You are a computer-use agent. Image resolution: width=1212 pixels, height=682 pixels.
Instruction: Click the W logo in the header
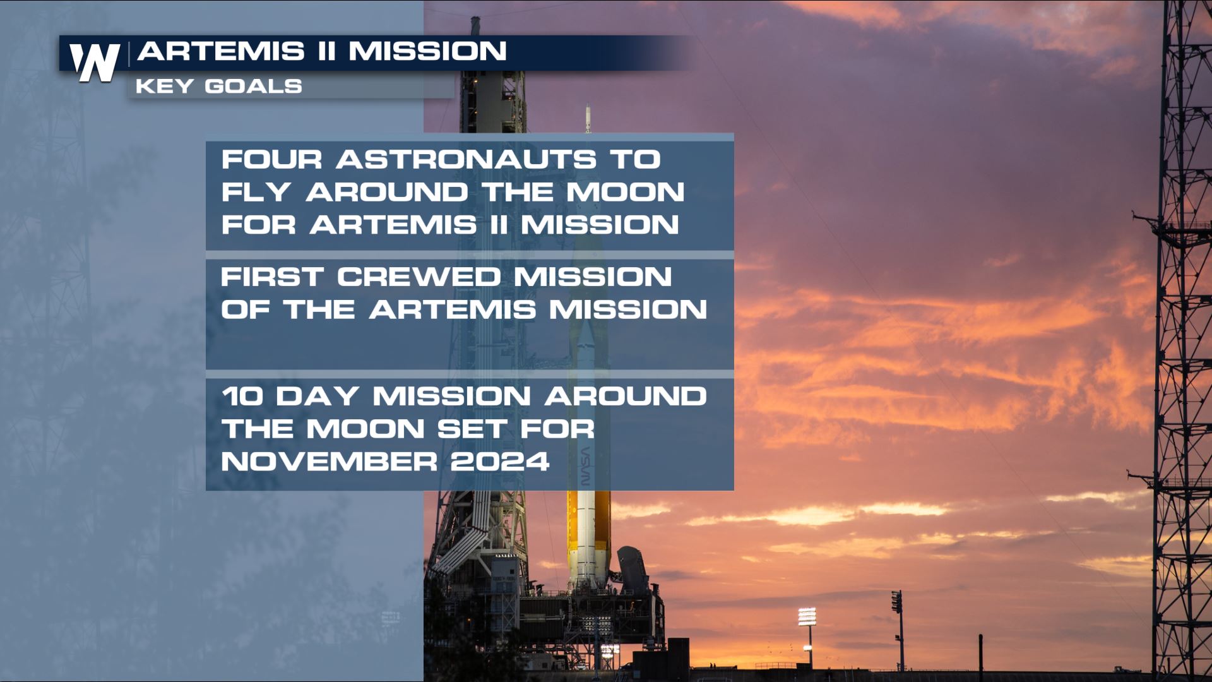pos(95,62)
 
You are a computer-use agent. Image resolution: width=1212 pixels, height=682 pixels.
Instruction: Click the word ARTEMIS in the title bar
pos(221,51)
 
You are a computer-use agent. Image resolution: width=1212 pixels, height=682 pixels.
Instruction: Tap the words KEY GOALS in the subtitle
pos(218,87)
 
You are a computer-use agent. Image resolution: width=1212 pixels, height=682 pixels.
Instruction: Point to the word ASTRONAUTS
pos(466,159)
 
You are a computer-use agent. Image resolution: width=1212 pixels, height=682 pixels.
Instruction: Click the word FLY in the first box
pos(256,192)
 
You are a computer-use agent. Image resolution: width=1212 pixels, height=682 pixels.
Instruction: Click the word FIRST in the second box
pos(272,277)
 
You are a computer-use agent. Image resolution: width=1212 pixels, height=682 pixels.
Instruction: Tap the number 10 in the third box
pos(242,397)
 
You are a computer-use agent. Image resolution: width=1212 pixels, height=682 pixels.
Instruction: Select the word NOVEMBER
pos(329,462)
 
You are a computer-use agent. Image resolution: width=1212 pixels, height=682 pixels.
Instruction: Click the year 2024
pos(499,462)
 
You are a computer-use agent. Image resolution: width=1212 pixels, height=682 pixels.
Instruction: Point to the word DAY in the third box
pos(318,397)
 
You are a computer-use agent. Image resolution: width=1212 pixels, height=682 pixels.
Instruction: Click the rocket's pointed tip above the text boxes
pos(588,114)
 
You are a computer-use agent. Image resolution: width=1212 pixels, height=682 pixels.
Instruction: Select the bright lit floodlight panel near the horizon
pos(807,616)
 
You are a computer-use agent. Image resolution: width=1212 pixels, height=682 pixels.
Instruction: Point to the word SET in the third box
pos(472,429)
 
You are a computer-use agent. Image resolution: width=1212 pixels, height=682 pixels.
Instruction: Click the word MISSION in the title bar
pos(428,51)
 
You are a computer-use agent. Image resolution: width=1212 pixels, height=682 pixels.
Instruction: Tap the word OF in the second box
pos(246,310)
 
